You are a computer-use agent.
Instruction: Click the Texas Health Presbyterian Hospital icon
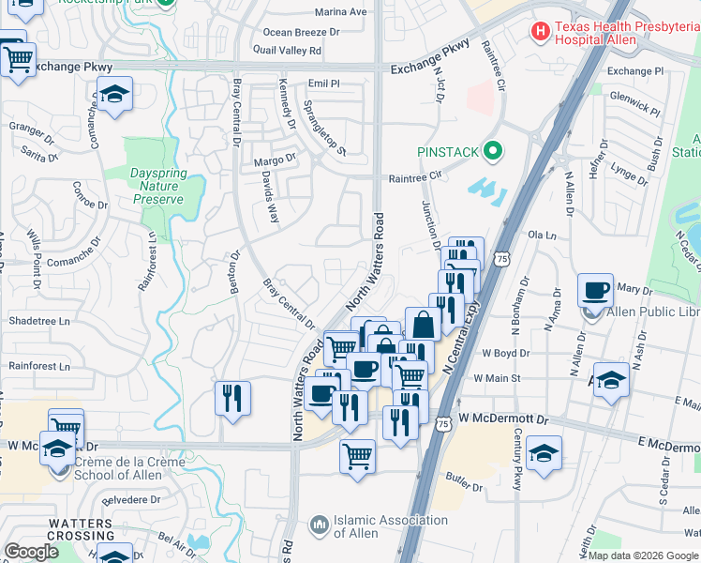point(541,32)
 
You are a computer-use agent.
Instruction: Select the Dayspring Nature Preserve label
point(156,186)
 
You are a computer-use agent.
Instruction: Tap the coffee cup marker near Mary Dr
point(596,291)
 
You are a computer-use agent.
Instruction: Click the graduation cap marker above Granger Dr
point(114,95)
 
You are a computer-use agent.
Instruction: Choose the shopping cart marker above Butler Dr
point(357,458)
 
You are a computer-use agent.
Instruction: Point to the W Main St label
point(496,377)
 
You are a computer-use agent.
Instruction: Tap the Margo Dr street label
point(275,160)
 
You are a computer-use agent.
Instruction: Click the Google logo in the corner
point(32,552)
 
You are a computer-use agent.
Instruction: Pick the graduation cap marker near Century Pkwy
point(544,453)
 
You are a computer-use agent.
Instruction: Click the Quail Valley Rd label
point(293,51)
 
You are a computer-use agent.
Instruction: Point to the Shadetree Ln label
point(39,321)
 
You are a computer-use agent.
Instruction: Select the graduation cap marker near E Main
point(611,380)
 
